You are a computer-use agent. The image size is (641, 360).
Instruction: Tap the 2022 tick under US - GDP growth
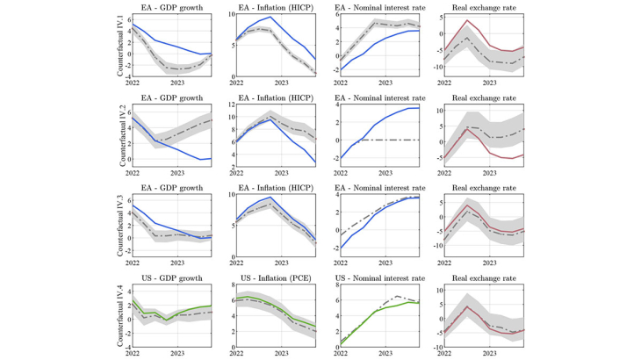coord(133,353)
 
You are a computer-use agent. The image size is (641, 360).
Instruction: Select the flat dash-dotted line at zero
coord(395,140)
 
